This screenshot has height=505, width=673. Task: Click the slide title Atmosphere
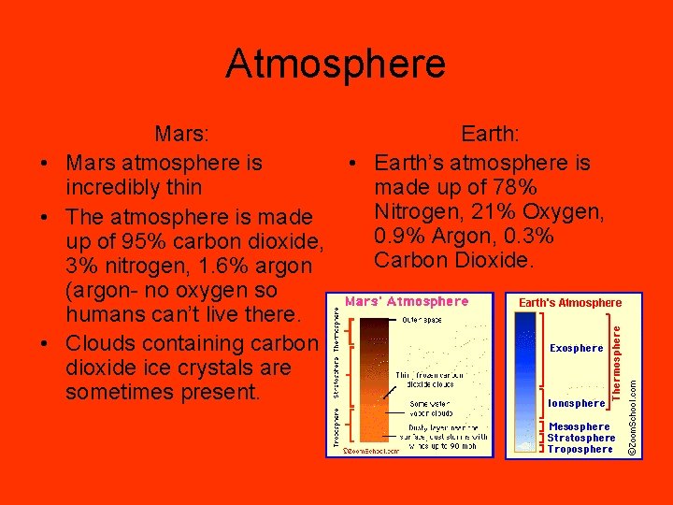[x=336, y=65]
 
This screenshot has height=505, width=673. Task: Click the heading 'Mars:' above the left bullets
[x=183, y=137]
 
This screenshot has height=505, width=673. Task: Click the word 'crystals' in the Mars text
[x=211, y=368]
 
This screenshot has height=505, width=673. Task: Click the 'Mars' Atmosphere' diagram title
[x=407, y=301]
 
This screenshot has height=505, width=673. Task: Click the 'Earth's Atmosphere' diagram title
[x=569, y=302]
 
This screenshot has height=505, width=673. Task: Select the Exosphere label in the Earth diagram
[x=576, y=348]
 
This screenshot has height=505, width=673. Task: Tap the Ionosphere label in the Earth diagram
[x=576, y=403]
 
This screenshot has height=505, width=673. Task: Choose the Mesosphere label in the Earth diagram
[x=579, y=426]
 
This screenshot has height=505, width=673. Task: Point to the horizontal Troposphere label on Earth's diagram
[x=580, y=449]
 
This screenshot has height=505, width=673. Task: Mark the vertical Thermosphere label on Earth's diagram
[x=617, y=358]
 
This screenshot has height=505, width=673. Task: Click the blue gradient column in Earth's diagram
[x=526, y=383]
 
